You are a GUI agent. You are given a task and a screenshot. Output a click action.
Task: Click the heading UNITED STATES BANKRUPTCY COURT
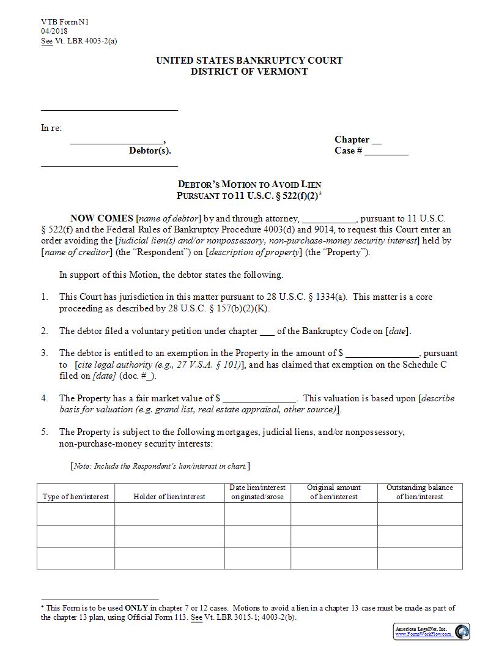(x=249, y=61)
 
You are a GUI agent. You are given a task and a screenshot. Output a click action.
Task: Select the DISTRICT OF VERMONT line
(x=249, y=71)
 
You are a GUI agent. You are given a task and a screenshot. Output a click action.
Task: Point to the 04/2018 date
(x=54, y=31)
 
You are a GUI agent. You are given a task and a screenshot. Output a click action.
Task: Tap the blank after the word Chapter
(x=377, y=141)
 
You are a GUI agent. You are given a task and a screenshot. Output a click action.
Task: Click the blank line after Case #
(x=386, y=152)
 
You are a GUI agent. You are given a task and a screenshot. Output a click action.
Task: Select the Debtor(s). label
(x=150, y=151)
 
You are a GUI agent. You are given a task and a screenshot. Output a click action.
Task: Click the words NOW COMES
(x=102, y=218)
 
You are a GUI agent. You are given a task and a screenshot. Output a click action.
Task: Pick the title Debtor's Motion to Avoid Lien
(x=249, y=184)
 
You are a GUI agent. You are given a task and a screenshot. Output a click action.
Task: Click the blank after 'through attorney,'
(x=328, y=219)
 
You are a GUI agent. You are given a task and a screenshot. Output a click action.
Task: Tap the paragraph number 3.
(x=45, y=353)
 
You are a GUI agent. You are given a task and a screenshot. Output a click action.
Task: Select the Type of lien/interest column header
(x=76, y=497)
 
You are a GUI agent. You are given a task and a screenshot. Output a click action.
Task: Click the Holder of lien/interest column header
(x=169, y=497)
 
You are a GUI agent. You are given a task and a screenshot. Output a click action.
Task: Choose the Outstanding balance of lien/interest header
(x=420, y=492)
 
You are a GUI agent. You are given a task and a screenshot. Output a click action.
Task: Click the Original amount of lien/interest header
(x=334, y=492)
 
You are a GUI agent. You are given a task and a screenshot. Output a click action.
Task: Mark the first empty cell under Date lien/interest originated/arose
(x=257, y=514)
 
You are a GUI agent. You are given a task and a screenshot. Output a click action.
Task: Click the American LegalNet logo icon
(x=462, y=631)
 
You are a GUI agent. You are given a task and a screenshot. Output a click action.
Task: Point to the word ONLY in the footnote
(x=136, y=608)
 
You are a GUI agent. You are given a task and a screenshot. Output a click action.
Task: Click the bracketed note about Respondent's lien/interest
(x=160, y=466)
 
